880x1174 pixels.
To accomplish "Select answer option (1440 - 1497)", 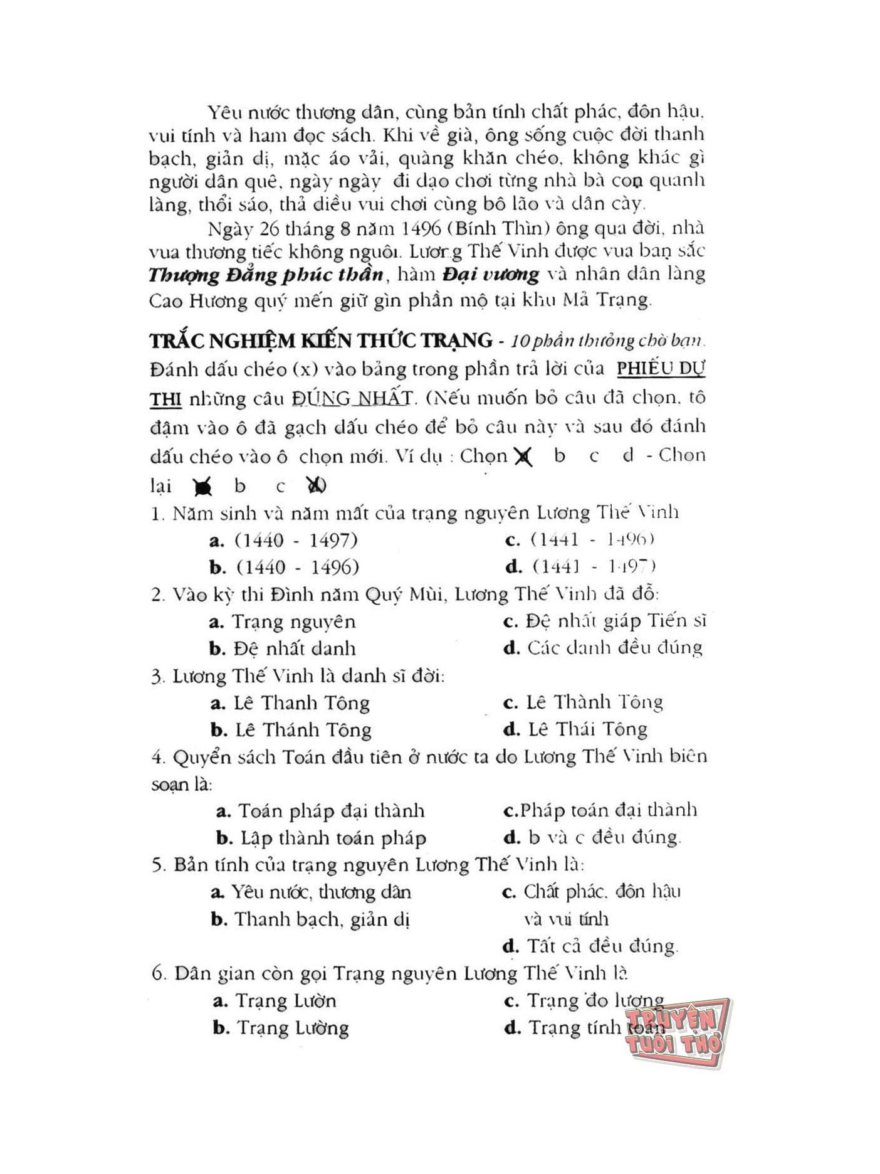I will [296, 540].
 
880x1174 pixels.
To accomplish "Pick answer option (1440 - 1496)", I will [297, 567].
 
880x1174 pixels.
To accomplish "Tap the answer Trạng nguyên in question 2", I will [293, 621].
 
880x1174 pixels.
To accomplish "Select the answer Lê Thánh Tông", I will [303, 730].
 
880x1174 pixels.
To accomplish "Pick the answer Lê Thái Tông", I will [587, 729].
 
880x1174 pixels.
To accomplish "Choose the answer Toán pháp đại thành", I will [331, 811].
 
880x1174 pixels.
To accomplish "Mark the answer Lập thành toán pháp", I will [333, 838].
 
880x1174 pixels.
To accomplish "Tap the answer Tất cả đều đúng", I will [602, 946].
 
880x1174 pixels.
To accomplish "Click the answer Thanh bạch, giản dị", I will [322, 919].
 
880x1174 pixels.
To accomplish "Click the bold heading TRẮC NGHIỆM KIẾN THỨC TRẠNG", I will [321, 341].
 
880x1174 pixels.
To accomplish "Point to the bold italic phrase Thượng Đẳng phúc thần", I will [266, 275].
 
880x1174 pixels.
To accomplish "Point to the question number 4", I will [157, 757].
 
